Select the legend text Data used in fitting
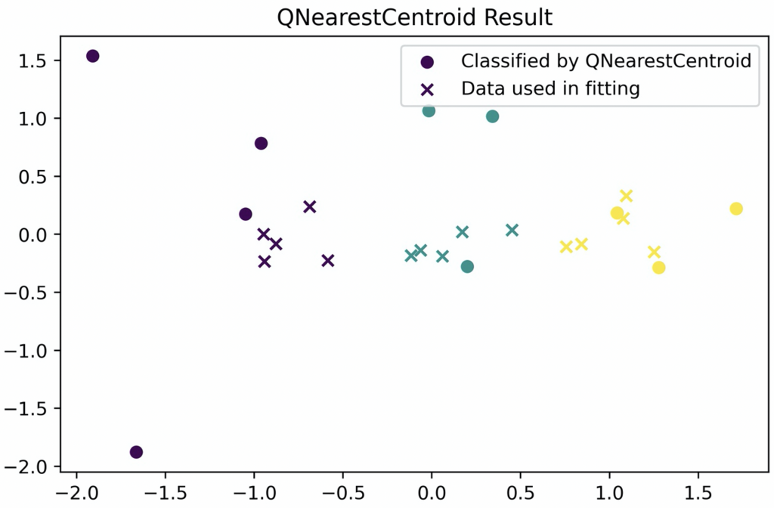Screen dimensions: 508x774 550,88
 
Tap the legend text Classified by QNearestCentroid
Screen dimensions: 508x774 606,60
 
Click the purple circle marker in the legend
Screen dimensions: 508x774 428,61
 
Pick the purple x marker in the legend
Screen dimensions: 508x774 428,89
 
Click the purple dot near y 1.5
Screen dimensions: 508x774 93,56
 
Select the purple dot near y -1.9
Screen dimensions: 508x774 136,452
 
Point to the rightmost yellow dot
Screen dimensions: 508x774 736,209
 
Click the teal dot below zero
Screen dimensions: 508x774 467,266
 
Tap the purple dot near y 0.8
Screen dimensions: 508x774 262,143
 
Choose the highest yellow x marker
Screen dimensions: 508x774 626,196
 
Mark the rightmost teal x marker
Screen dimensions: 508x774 512,230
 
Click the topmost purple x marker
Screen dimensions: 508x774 309,206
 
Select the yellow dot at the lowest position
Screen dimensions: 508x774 658,268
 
